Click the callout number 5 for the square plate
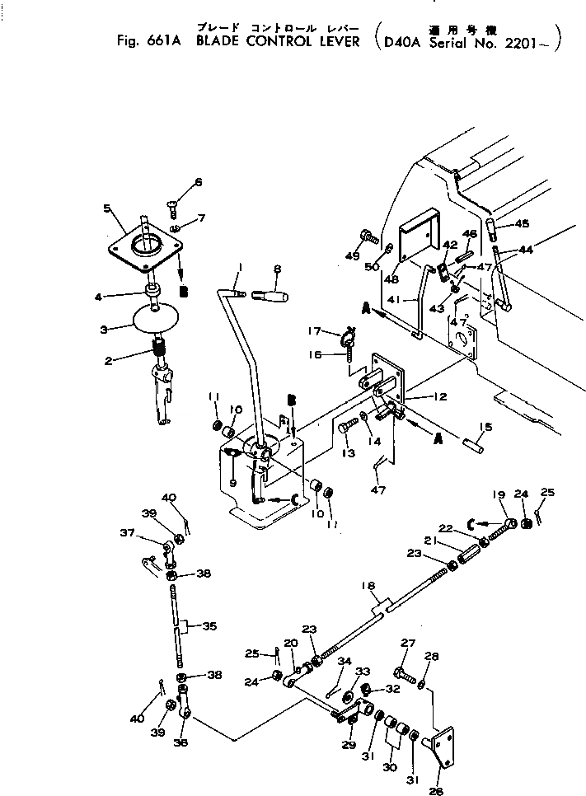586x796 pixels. [108, 208]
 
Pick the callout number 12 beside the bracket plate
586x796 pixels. [439, 396]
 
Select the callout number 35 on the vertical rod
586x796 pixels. [209, 626]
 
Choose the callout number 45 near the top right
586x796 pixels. [522, 223]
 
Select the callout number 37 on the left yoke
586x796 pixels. [150, 532]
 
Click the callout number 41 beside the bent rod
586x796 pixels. [394, 301]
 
